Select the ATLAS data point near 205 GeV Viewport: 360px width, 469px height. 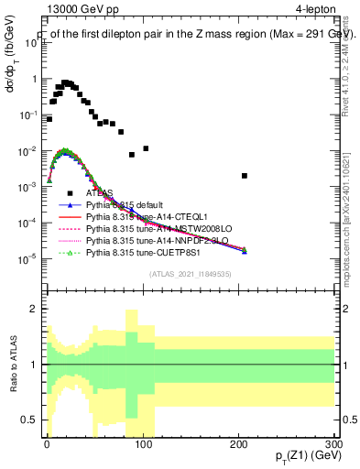(x=245, y=176)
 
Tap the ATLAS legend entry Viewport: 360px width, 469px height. (x=100, y=193)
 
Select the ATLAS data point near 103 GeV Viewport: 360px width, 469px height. (x=146, y=148)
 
